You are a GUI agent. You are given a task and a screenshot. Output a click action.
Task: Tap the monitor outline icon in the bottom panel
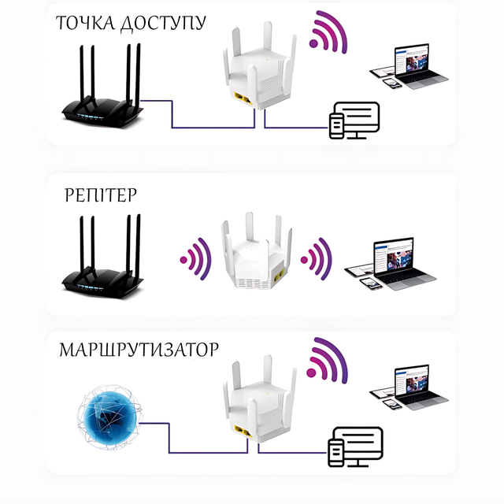356,446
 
